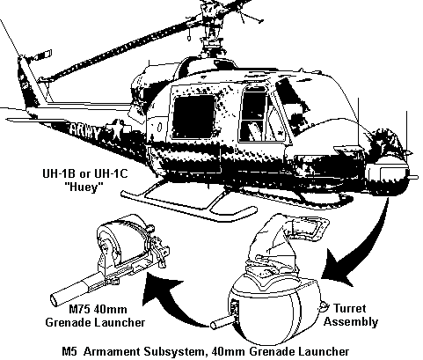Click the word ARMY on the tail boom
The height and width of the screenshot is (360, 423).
(85, 132)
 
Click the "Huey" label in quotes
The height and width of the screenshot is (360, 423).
(84, 187)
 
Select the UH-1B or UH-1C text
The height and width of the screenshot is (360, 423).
(85, 173)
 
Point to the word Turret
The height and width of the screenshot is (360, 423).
(349, 308)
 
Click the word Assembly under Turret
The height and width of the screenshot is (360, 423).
(351, 321)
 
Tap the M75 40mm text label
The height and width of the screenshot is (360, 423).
(98, 309)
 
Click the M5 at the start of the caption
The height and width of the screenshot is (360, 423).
(69, 351)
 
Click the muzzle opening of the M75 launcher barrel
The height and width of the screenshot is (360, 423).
(55, 301)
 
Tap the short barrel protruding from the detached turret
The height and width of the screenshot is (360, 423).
(222, 323)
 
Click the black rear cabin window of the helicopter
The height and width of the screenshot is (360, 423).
(193, 116)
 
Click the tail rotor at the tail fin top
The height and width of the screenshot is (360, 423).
(41, 55)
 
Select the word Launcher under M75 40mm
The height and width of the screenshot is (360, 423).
(120, 322)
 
